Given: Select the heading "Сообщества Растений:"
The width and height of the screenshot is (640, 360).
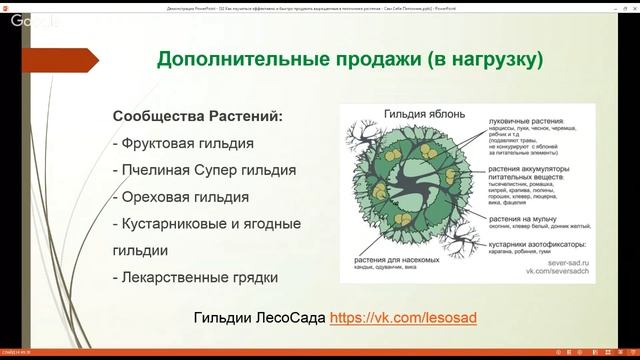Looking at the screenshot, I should coord(198,116).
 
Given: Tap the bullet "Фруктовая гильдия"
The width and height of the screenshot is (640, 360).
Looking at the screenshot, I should coord(183,143).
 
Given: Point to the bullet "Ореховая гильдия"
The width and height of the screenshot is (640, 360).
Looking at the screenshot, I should coord(180,197).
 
